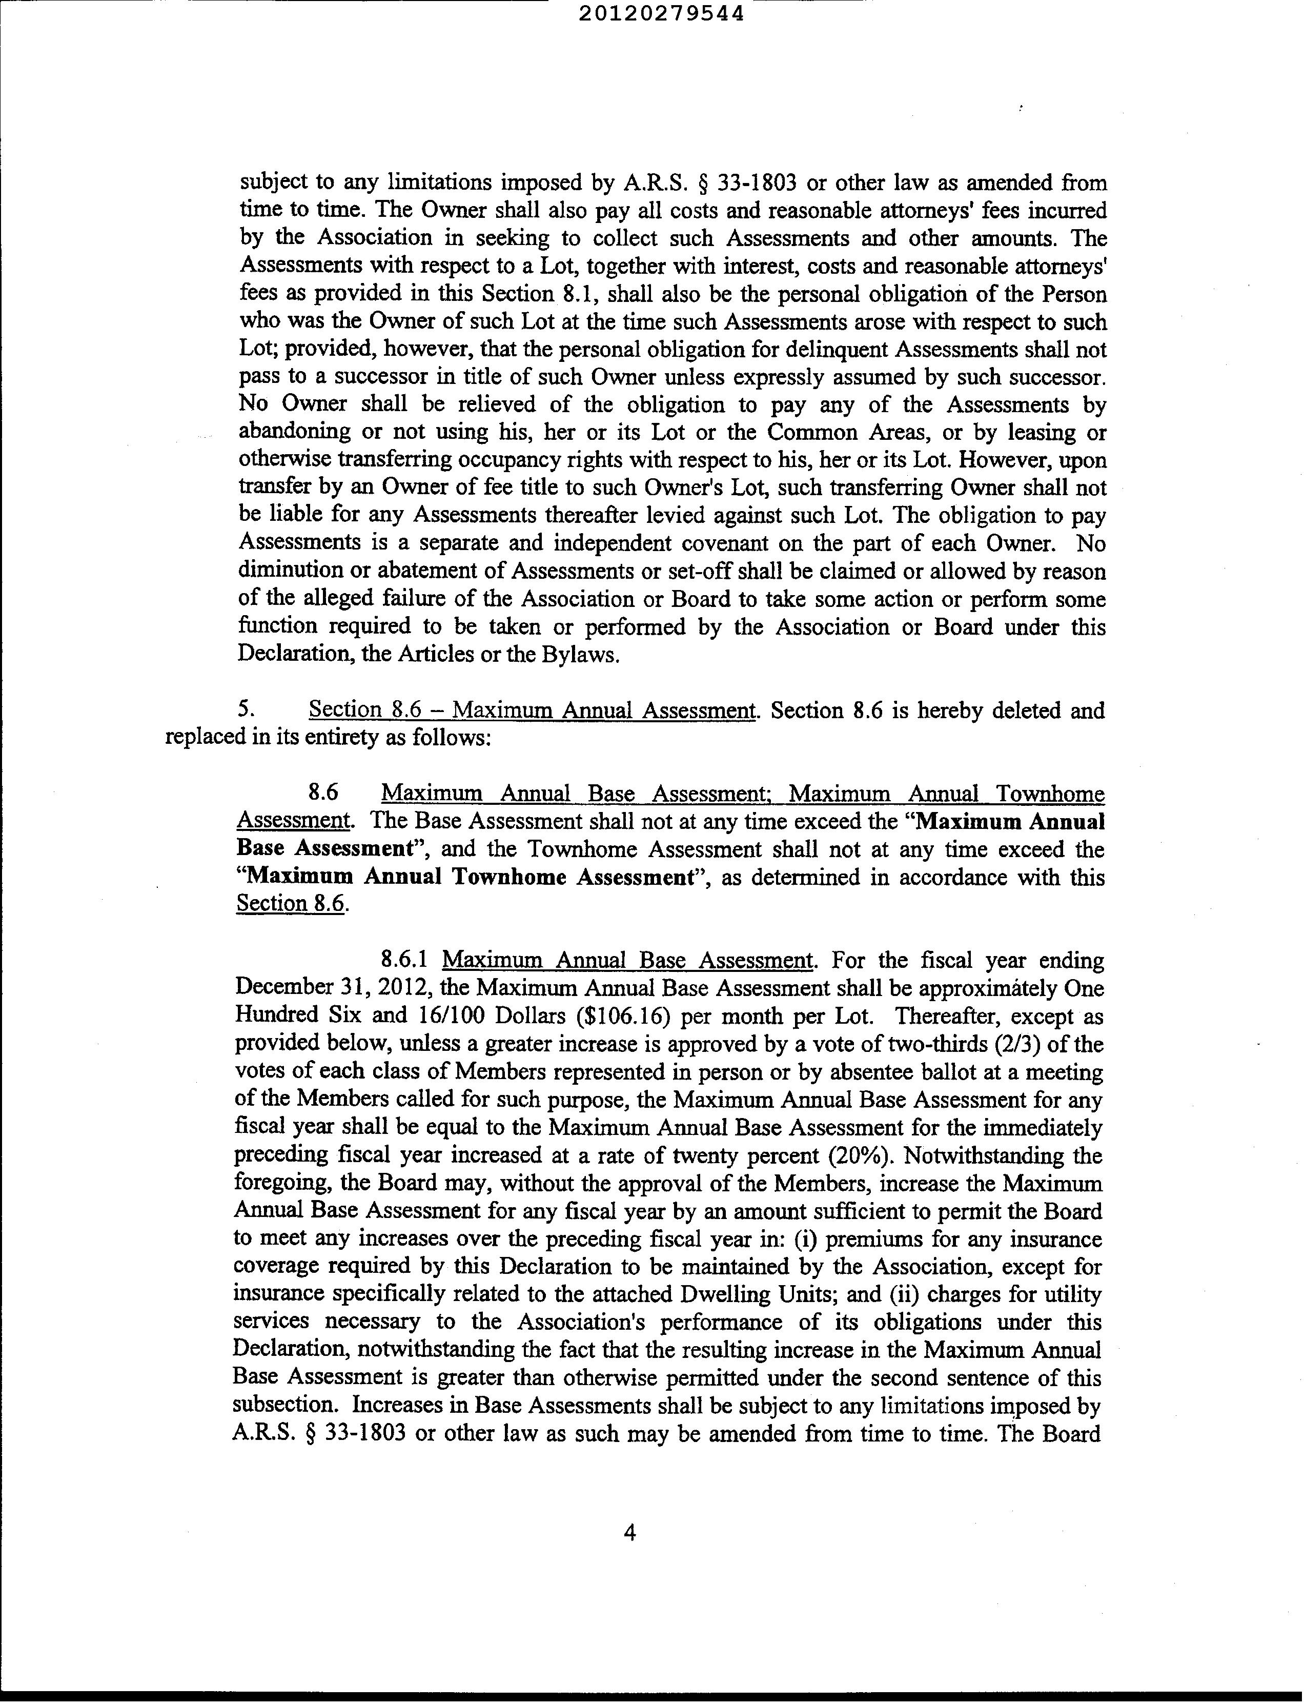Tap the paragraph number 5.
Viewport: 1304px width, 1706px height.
point(246,710)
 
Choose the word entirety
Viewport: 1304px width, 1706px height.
point(335,737)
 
